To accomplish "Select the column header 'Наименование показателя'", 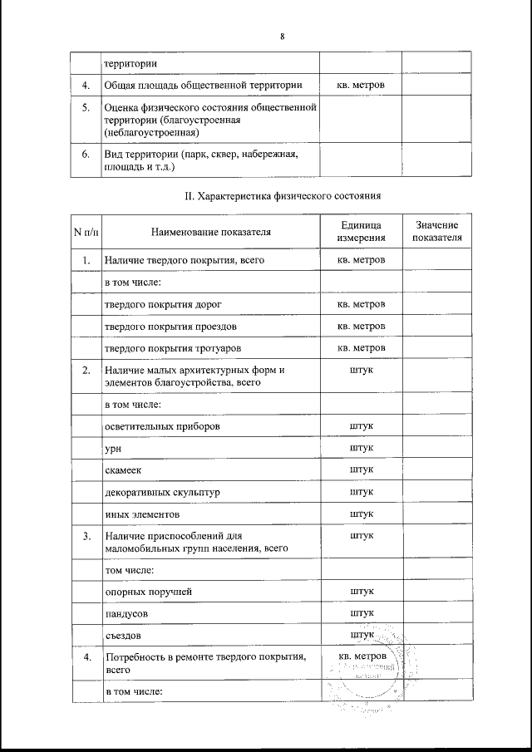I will click(x=210, y=232).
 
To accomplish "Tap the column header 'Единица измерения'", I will click(x=361, y=232).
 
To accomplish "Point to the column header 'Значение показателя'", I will click(x=436, y=232).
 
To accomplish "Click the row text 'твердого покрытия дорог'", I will click(x=163, y=304).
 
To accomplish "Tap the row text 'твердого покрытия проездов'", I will click(x=170, y=326).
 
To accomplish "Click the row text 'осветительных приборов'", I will click(x=163, y=427).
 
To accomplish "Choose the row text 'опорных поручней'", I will click(x=148, y=592).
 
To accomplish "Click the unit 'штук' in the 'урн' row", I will click(x=362, y=449).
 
